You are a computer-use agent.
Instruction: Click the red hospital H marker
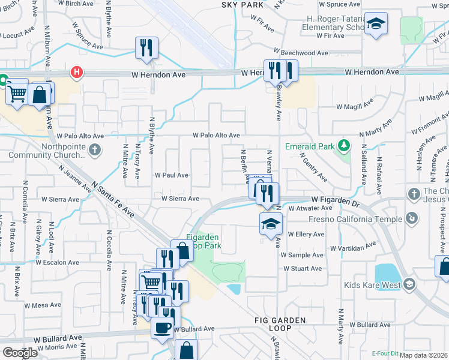tap(77, 73)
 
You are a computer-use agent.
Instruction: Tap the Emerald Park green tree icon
tap(344, 146)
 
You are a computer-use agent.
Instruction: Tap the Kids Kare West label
tap(372, 285)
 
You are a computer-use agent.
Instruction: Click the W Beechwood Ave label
tap(301, 53)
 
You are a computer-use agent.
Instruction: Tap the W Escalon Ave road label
tap(57, 262)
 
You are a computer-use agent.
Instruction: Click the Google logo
tap(20, 352)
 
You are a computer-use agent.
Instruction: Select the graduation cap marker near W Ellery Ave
tap(271, 224)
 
